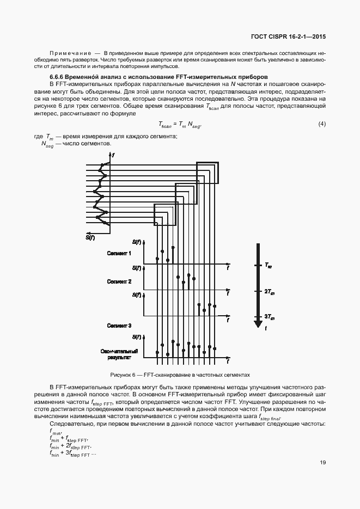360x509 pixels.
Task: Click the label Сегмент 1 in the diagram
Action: [x=119, y=254]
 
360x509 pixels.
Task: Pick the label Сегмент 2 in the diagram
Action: [x=119, y=281]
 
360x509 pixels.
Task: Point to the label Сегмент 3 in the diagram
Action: [x=119, y=326]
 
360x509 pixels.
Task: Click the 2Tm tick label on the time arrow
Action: [x=269, y=292]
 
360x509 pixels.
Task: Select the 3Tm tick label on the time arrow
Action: [x=269, y=317]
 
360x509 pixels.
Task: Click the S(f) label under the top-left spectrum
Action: [x=90, y=237]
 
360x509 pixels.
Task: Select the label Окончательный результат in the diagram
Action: [x=119, y=354]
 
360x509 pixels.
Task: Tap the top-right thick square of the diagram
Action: [x=208, y=173]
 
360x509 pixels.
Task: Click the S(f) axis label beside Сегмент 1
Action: [x=136, y=241]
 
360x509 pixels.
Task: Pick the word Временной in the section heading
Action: [x=82, y=78]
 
